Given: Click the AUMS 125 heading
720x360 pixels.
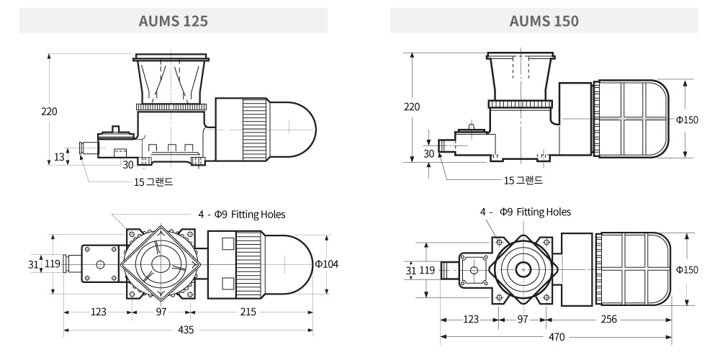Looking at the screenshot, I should coord(173,21).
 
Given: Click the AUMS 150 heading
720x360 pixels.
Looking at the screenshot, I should coord(544,21).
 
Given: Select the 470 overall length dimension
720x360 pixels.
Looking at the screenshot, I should coord(556,336).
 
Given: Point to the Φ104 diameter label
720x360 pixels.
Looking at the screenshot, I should coord(326,264).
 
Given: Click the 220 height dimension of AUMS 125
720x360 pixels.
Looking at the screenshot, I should coord(49,112).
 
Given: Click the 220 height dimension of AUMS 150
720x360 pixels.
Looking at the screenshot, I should coord(411,107).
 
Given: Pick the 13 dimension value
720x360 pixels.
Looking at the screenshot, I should coord(59,156).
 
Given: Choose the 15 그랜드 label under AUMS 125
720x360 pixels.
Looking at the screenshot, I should coord(153,182).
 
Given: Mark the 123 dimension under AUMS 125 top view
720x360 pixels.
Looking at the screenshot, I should coord(99,312).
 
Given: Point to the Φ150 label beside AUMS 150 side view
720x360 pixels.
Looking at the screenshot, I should coord(687,120).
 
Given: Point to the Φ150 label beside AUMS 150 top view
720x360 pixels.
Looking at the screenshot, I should coord(687,269).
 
